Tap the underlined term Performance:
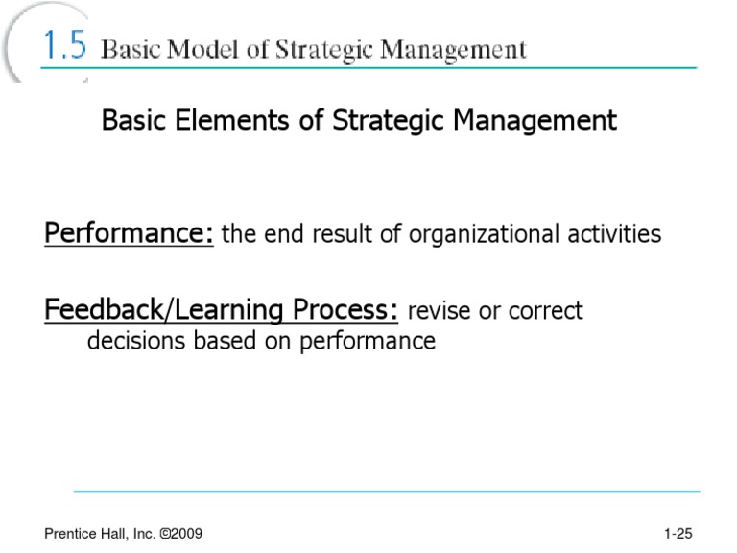point(129,234)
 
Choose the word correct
point(544,311)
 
